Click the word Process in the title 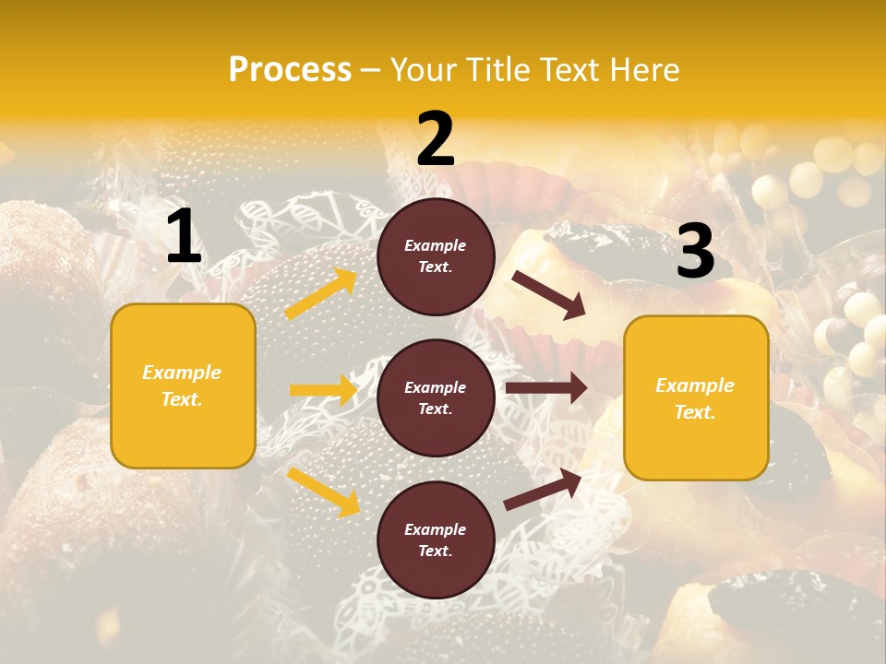click(x=290, y=70)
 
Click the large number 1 click(x=184, y=237)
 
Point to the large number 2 click(x=436, y=139)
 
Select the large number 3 click(x=695, y=252)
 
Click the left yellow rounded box click(x=183, y=385)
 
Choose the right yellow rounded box click(x=696, y=397)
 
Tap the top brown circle click(x=436, y=256)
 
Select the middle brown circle click(x=436, y=397)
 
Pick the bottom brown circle click(x=436, y=539)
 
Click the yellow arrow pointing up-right click(x=321, y=294)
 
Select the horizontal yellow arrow click(x=323, y=390)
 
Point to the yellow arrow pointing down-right click(x=323, y=492)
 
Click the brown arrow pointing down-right click(x=549, y=295)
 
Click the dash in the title click(x=371, y=71)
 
